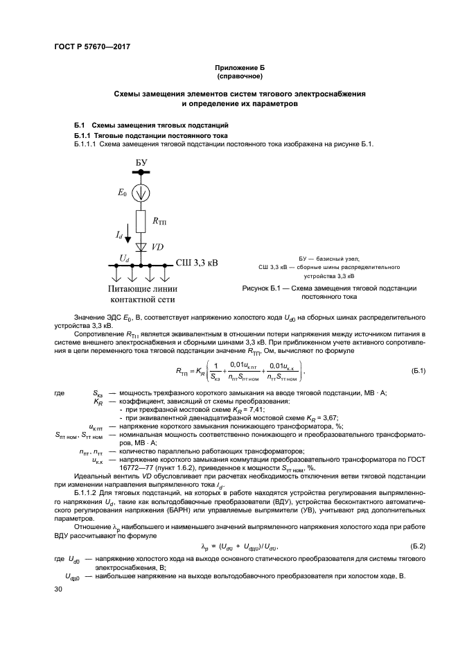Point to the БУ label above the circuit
point(141,162)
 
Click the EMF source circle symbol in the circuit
point(141,189)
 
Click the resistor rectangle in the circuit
point(141,222)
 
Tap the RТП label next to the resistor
point(159,223)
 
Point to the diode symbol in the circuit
point(141,247)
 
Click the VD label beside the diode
point(158,247)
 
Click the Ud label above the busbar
point(123,257)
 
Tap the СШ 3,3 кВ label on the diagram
point(197,263)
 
